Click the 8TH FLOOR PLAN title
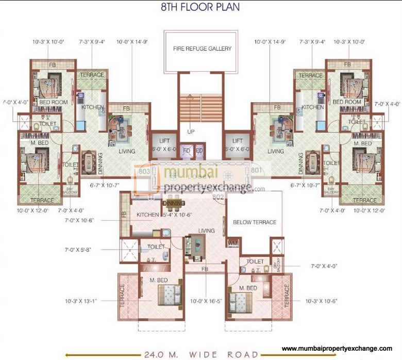tap(202, 8)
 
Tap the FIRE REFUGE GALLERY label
tap(202, 49)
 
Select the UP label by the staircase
tap(191, 132)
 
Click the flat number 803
tap(144, 171)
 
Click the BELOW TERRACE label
tap(255, 222)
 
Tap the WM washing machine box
tap(232, 243)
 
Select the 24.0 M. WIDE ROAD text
tap(202, 354)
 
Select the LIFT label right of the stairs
tap(238, 140)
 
